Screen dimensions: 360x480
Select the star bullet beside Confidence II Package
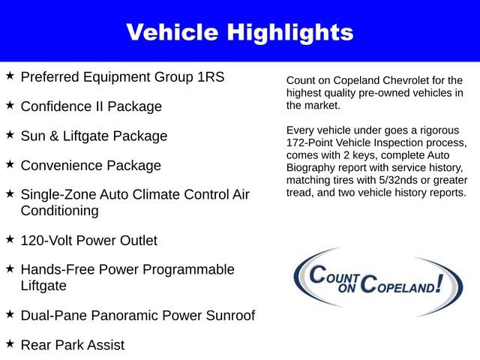coord(10,105)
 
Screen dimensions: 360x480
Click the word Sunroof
coord(229,316)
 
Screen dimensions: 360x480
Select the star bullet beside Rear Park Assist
coord(10,343)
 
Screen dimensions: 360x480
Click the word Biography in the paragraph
coord(312,167)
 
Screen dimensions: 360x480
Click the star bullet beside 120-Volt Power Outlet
coord(10,239)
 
